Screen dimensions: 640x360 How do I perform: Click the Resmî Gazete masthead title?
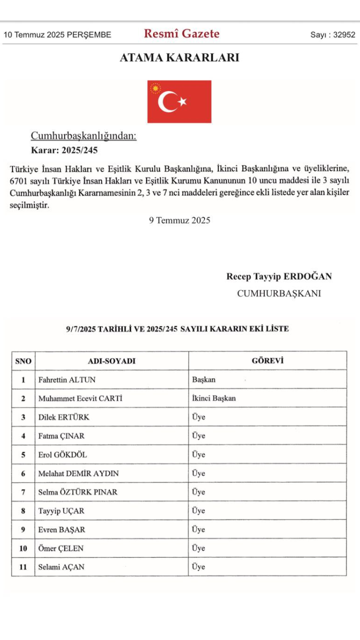pos(181,34)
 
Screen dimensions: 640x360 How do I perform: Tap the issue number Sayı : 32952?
pos(332,35)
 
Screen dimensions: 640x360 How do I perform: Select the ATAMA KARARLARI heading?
pos(179,57)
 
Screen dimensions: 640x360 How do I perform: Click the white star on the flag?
pos(182,101)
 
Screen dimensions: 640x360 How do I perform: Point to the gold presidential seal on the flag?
pos(156,89)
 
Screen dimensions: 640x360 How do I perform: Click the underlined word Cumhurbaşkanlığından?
pos(83,135)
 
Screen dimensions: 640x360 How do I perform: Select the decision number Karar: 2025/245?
pos(64,149)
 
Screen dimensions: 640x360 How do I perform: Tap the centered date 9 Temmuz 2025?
pos(179,220)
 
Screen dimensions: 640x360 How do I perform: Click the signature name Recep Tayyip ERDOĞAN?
pos(279,276)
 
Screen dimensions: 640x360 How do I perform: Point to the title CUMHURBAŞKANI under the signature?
pos(279,293)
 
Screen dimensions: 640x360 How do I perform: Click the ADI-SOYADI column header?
pos(111,361)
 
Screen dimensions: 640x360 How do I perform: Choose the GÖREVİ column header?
pos(267,360)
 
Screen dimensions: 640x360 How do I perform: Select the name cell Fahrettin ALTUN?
pos(67,379)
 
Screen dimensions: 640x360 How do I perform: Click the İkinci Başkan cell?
pos(213,398)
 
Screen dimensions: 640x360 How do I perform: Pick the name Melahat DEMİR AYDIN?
pos(78,473)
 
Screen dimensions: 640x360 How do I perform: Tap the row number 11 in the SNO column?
pos(23,567)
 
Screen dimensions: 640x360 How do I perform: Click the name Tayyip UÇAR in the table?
pos(61,511)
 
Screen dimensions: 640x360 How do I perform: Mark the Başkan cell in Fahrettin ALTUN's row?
pos(204,379)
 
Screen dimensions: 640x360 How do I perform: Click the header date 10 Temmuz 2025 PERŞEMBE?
pos(57,35)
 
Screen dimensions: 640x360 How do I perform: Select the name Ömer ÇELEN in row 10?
pos(61,548)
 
